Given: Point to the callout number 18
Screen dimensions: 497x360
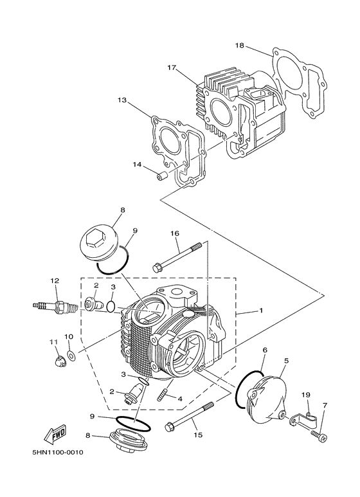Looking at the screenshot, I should (x=240, y=46).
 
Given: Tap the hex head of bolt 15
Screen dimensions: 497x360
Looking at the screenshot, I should (x=170, y=426).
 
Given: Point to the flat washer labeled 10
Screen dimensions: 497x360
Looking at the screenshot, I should (x=70, y=355).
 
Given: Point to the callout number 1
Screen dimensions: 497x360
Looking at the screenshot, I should (x=261, y=311).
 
